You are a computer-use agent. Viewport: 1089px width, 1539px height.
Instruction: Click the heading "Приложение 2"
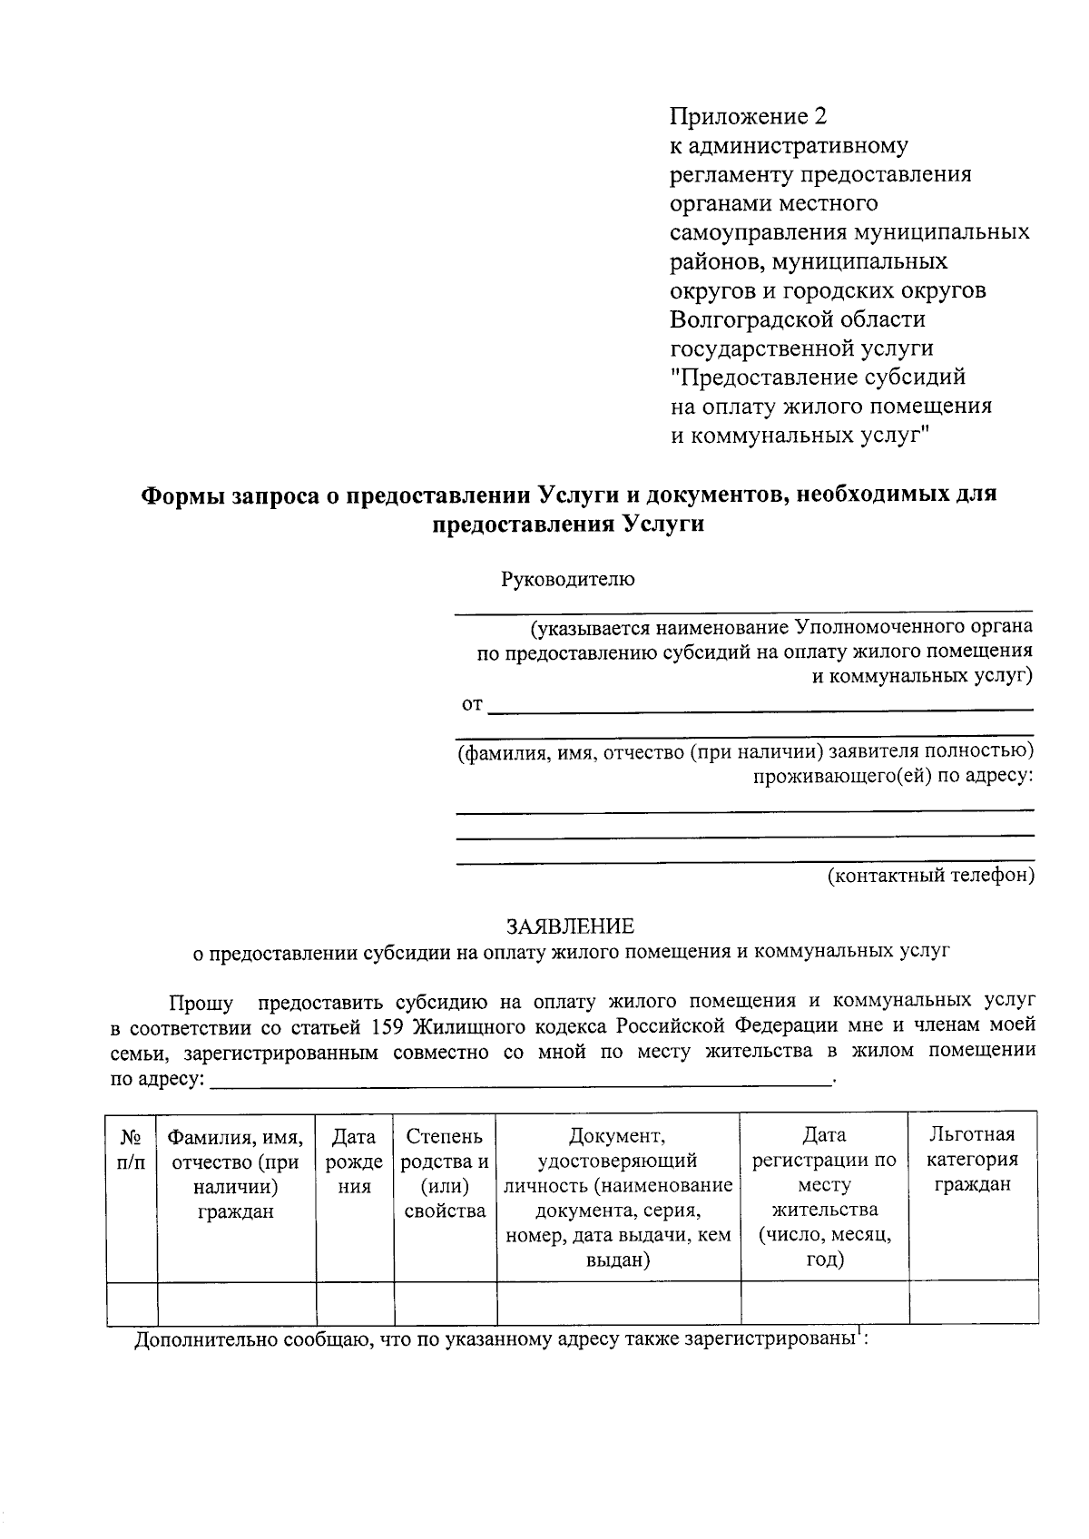pos(749,116)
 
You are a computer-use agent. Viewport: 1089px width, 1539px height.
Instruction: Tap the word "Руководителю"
pos(568,580)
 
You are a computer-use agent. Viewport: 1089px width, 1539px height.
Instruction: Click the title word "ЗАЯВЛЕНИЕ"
pos(570,926)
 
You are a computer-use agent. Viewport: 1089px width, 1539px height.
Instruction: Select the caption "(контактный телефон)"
pos(930,876)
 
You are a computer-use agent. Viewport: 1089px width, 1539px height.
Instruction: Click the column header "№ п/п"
pos(132,1148)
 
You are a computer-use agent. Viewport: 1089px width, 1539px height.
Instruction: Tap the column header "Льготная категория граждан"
pos(973,1159)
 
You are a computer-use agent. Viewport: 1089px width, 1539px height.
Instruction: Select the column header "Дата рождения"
pos(354,1161)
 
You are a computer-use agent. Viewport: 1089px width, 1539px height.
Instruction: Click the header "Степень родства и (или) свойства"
pos(445,1172)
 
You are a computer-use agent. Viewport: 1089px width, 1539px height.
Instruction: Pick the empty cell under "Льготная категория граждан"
pos(973,1301)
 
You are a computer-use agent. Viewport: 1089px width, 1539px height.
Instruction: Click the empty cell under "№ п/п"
pos(132,1301)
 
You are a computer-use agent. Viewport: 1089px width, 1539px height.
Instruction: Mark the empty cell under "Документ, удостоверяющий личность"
pos(618,1301)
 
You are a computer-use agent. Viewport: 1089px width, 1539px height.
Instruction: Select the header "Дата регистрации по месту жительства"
pos(824,1197)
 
